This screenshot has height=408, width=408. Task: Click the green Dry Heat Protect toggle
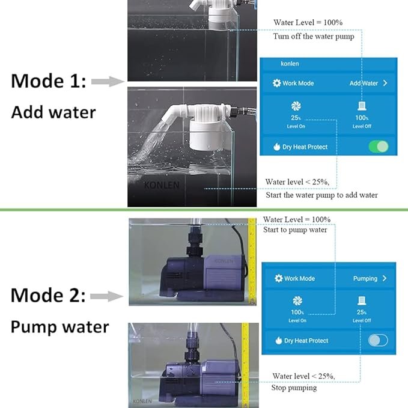(x=379, y=146)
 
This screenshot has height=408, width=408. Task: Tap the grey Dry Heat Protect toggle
(x=379, y=340)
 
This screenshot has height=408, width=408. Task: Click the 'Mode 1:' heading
(x=49, y=82)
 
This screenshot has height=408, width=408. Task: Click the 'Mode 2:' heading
(x=49, y=295)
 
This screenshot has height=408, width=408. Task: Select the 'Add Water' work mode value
(x=364, y=84)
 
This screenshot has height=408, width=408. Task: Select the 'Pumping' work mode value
(x=365, y=278)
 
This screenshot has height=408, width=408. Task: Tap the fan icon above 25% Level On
(x=296, y=106)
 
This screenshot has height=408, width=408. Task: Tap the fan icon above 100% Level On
(x=297, y=300)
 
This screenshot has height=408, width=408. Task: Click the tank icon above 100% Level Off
(x=362, y=107)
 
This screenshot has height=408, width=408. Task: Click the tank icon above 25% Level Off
(x=362, y=300)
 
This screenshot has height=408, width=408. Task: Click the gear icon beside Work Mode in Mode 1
(x=276, y=84)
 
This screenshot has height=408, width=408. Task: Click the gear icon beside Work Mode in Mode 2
(x=278, y=278)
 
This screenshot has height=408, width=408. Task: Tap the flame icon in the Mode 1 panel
(x=276, y=146)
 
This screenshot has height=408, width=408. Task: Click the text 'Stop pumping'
(x=294, y=388)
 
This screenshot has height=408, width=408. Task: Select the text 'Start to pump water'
(x=295, y=230)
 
